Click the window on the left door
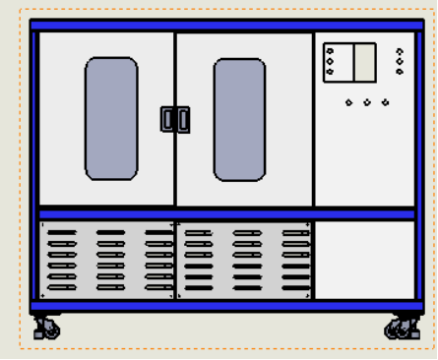tap(111, 118)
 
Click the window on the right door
tap(239, 120)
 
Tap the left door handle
tap(167, 119)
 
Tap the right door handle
tap(183, 119)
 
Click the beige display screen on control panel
tap(365, 62)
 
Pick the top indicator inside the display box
tap(330, 52)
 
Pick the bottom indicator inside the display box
tap(330, 71)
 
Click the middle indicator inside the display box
tap(330, 61)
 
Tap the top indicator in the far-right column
tap(399, 52)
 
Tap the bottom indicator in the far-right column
tap(399, 71)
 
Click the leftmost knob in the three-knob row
tap(348, 102)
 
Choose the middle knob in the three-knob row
tap(366, 102)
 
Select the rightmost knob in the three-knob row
tap(385, 102)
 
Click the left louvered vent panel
tap(107, 260)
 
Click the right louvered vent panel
tap(244, 260)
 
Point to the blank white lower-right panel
tap(364, 260)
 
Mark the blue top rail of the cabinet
tap(226, 26)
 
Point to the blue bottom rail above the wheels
tap(226, 307)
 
